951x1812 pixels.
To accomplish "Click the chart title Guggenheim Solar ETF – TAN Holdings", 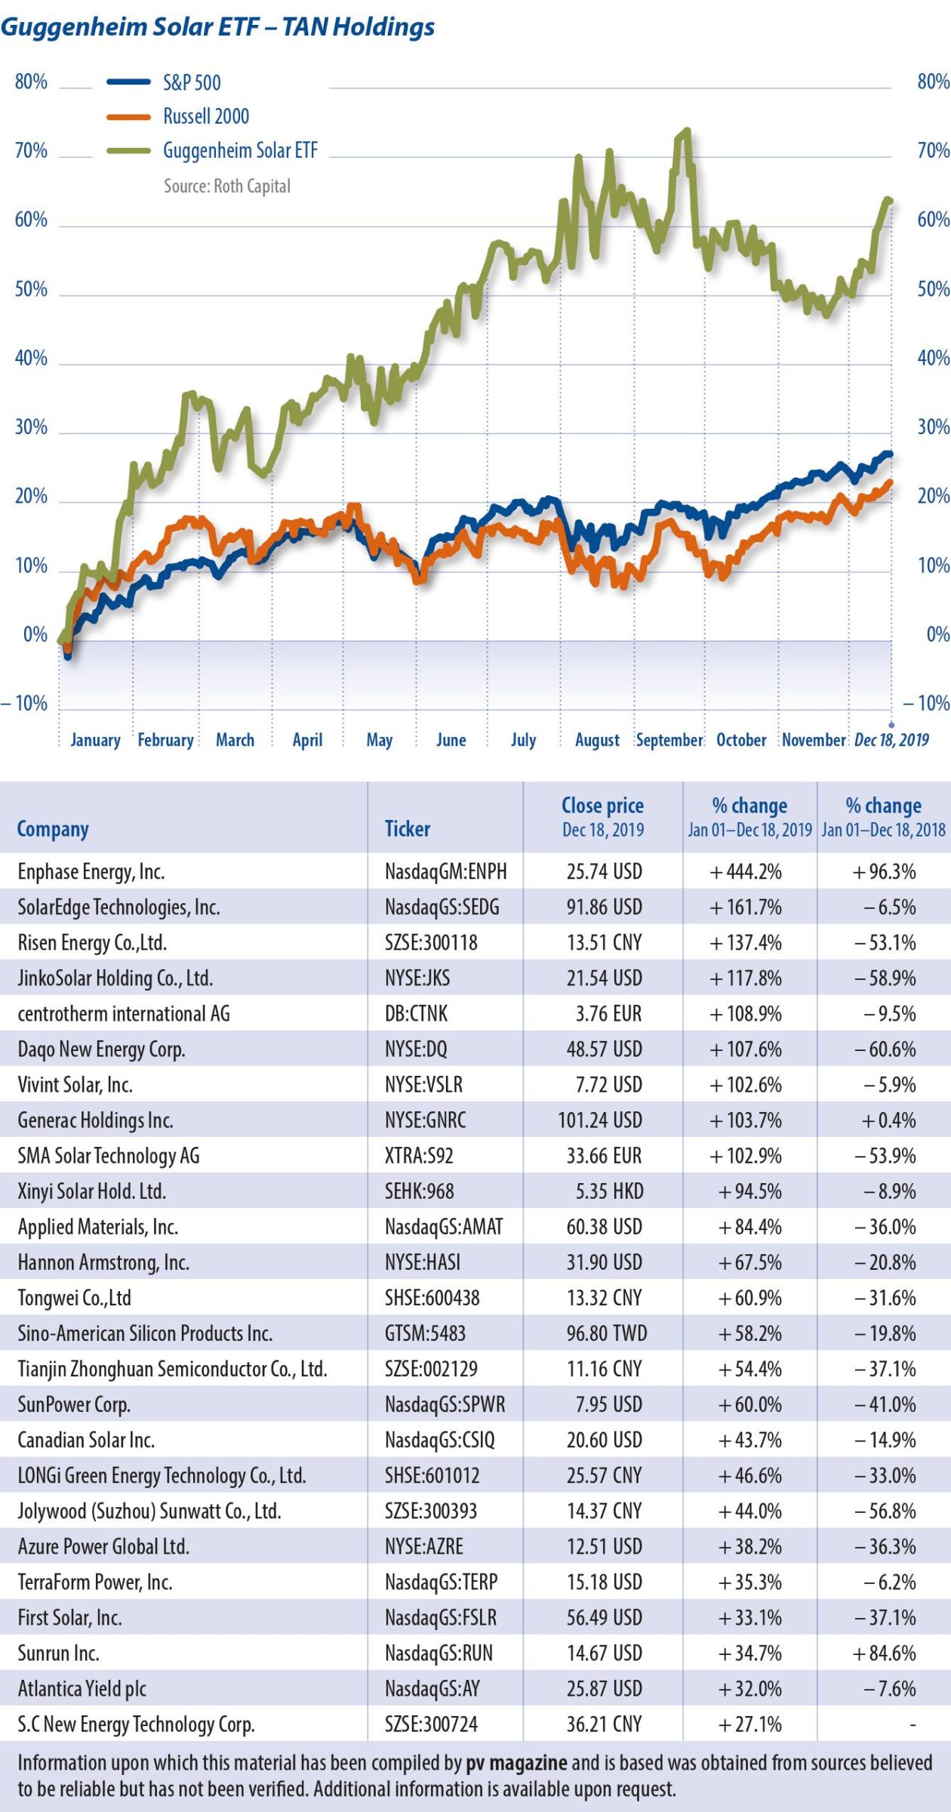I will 217,28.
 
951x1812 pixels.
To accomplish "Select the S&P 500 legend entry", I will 192,82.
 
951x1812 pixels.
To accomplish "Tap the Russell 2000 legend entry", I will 205,116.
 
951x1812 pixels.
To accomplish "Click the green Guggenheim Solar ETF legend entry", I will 240,150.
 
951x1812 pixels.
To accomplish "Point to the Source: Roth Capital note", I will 226,186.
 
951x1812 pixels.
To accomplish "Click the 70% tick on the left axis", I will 31,150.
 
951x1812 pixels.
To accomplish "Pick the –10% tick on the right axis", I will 926,703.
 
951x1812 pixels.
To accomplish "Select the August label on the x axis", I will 597,740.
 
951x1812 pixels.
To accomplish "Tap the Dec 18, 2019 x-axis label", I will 891,740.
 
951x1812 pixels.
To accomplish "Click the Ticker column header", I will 408,828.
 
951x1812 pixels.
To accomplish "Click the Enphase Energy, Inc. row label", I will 91,871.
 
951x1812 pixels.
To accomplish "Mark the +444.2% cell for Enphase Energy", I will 746,871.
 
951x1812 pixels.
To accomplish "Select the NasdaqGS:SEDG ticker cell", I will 442,907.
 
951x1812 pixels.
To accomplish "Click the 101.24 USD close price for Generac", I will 600,1120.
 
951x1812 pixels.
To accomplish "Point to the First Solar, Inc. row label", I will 69,1617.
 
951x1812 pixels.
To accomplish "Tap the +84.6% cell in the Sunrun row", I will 884,1653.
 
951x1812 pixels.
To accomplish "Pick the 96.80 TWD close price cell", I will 607,1333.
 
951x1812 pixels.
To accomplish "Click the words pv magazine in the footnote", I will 516,1763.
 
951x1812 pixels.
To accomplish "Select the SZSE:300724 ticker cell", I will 431,1724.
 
